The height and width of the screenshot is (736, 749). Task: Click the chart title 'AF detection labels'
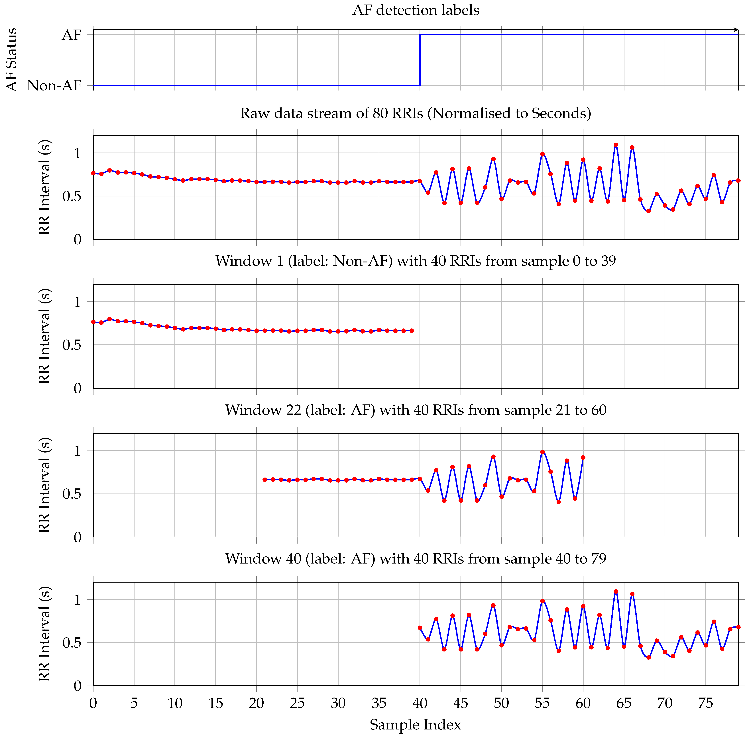click(x=416, y=10)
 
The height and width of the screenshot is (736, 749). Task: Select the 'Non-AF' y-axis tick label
click(x=54, y=85)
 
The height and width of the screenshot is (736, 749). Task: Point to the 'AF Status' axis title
click(x=12, y=60)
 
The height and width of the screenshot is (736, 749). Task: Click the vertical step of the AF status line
click(x=420, y=60)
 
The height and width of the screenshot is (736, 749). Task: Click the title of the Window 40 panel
click(x=416, y=559)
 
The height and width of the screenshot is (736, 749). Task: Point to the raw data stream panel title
click(x=416, y=113)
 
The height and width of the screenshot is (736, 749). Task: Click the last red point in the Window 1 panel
click(x=412, y=330)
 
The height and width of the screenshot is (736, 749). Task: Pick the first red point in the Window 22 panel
click(x=265, y=480)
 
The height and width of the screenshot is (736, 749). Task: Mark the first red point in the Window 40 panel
click(x=420, y=628)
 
